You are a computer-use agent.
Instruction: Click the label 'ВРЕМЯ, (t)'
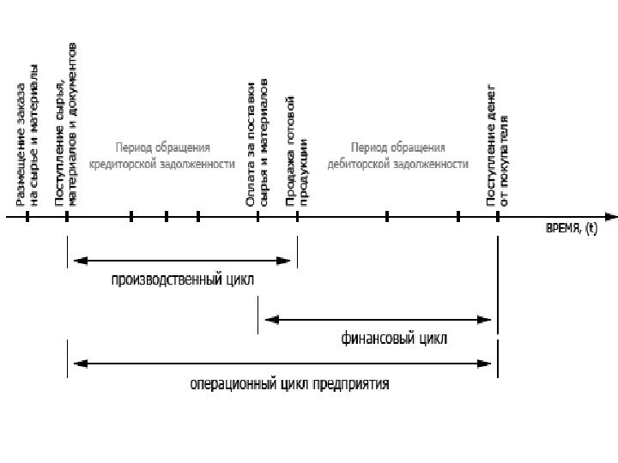573,229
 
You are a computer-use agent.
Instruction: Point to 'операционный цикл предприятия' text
289,383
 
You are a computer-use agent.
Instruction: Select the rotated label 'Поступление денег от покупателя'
498,144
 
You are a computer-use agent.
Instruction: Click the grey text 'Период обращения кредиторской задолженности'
174,155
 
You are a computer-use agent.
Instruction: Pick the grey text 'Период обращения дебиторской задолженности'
397,155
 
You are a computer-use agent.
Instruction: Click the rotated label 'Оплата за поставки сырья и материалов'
257,144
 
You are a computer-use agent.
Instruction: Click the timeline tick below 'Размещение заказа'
27,217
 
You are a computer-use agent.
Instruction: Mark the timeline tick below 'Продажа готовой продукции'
297,217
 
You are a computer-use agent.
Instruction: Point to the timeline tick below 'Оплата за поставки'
258,217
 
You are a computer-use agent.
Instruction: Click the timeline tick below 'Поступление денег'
498,217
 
